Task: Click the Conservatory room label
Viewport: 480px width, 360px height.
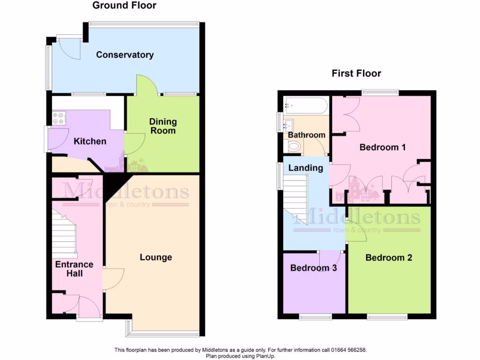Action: pos(125,55)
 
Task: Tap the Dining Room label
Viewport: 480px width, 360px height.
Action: pos(164,126)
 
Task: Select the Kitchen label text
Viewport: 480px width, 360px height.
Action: pos(90,141)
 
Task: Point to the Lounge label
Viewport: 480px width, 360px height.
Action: pos(156,257)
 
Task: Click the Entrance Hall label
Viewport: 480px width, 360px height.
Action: pos(74,269)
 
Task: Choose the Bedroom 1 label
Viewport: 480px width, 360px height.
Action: pos(382,147)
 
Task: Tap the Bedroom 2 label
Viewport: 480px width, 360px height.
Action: pos(389,257)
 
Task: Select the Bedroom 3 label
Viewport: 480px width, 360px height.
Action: pos(313,268)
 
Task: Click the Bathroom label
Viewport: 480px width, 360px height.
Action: pos(306,135)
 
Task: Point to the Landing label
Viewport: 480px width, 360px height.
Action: pos(305,168)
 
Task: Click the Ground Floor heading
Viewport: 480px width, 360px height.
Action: pos(124,6)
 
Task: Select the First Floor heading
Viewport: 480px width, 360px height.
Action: pos(356,73)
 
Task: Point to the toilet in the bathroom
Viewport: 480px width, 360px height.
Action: pos(294,147)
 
